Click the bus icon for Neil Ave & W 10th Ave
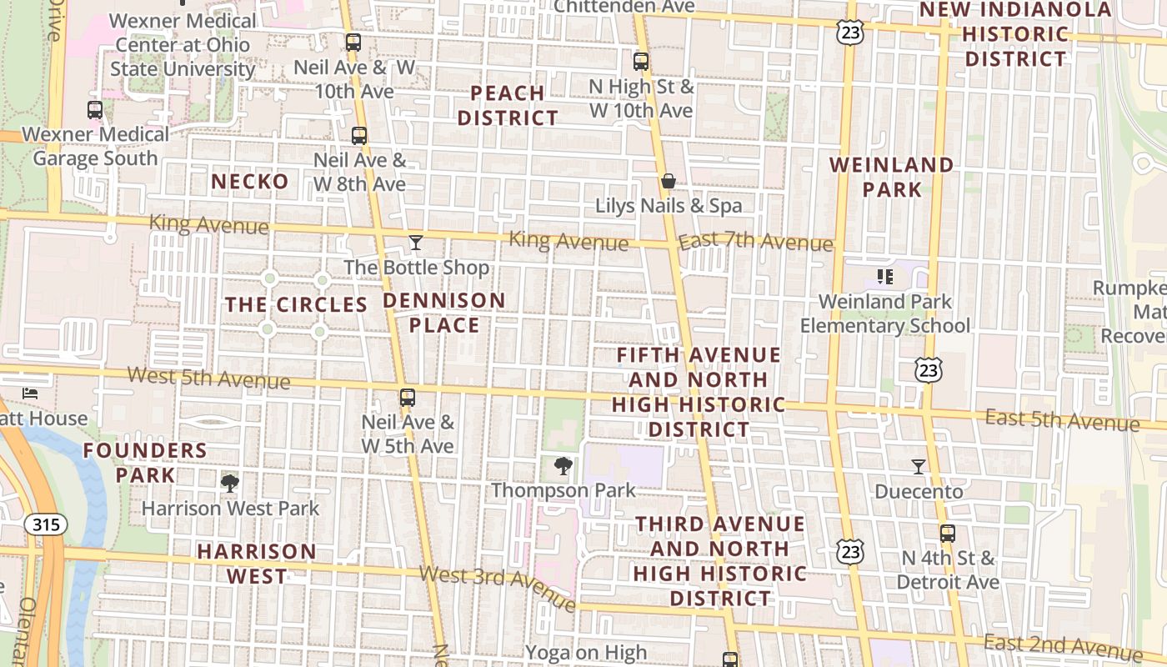tap(353, 42)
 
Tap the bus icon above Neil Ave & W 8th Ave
tap(359, 135)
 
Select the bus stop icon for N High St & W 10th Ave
tap(640, 61)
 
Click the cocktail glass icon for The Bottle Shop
tap(416, 243)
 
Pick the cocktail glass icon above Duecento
tap(919, 466)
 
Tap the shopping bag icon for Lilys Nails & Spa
tap(668, 180)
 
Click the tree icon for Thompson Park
tap(563, 465)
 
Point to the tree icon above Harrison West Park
tap(229, 483)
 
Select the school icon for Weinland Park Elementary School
tap(884, 276)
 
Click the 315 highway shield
tap(46, 524)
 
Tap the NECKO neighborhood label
tap(250, 182)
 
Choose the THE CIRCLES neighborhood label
tap(297, 305)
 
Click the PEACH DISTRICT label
tap(508, 105)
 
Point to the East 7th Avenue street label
tap(755, 243)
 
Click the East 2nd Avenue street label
tap(1062, 645)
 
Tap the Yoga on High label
tap(586, 653)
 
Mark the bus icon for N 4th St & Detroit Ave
tap(947, 534)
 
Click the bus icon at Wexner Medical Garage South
tap(95, 109)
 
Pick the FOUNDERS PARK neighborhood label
tap(145, 463)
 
